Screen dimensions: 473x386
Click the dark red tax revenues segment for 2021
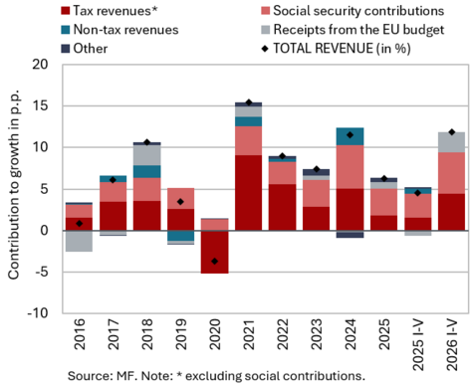point(248,193)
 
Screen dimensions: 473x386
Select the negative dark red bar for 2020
point(214,252)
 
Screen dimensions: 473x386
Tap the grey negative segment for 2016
point(80,241)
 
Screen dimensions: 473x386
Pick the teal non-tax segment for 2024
point(350,136)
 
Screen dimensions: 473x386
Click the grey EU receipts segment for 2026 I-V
point(451,142)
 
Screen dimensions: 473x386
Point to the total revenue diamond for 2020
point(214,262)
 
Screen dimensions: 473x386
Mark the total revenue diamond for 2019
point(180,202)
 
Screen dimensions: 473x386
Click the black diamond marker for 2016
point(79,224)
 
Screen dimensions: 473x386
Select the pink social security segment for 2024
point(350,167)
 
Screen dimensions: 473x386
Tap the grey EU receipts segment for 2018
point(147,155)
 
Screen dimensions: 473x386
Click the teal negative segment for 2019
point(180,236)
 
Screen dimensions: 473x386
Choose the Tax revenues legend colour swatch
point(66,11)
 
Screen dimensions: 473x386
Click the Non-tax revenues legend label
point(125,30)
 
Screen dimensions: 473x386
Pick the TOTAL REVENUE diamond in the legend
point(265,49)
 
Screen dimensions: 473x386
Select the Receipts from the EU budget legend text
point(358,30)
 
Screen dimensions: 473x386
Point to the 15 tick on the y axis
point(40,105)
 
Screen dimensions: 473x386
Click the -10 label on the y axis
point(37,312)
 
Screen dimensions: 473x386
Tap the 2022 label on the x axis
point(283,334)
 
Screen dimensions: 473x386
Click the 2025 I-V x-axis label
point(417,345)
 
